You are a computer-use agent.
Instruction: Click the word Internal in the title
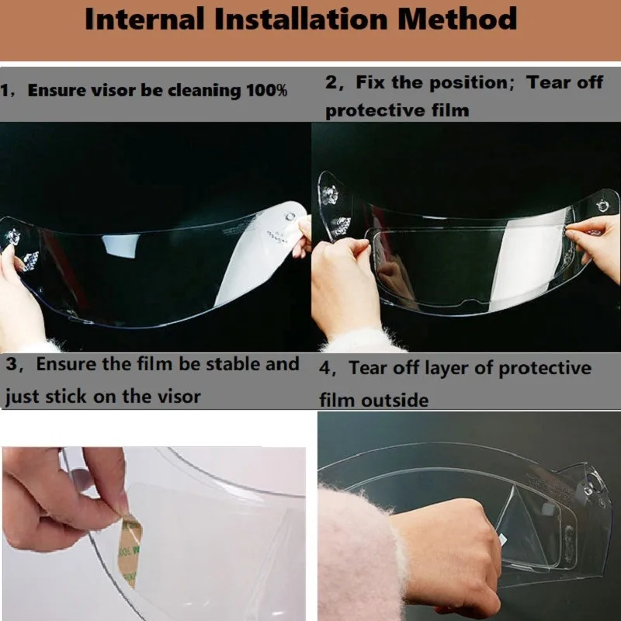tap(144, 19)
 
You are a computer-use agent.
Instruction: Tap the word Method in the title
tap(457, 19)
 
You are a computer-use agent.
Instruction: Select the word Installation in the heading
tap(301, 19)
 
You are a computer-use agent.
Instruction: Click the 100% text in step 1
tap(266, 90)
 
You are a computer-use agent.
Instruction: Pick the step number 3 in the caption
tap(12, 364)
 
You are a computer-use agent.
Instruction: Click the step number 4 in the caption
tap(324, 369)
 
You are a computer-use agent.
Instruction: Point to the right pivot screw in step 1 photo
tap(290, 217)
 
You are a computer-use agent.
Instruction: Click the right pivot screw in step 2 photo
tap(602, 206)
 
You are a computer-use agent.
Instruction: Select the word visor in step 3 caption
tap(179, 397)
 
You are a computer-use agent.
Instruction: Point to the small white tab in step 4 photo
tap(502, 539)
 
